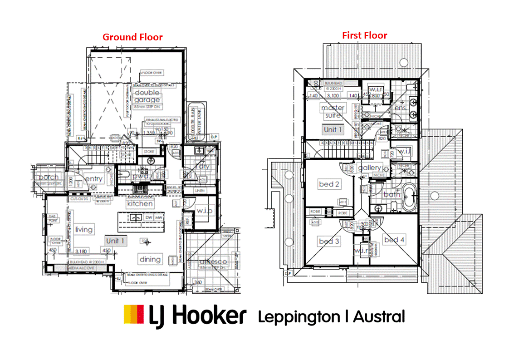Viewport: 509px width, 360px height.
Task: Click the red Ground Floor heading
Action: [x=132, y=37]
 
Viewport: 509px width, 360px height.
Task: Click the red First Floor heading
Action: [x=365, y=35]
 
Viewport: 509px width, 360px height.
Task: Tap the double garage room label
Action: [x=147, y=96]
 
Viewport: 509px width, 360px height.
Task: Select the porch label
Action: [x=49, y=177]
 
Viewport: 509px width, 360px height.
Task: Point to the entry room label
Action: [x=94, y=179]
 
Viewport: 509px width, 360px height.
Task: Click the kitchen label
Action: [x=140, y=203]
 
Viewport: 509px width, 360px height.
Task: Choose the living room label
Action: [x=84, y=229]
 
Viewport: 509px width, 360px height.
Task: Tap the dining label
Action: [x=150, y=259]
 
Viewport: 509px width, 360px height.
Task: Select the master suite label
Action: [x=333, y=112]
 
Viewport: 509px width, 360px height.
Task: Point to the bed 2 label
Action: [x=329, y=184]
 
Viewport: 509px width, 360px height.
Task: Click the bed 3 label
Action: [x=329, y=241]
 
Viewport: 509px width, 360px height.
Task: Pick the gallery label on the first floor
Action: [x=370, y=168]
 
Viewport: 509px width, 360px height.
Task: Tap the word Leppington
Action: [x=299, y=316]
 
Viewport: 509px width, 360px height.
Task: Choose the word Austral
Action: [x=379, y=316]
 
